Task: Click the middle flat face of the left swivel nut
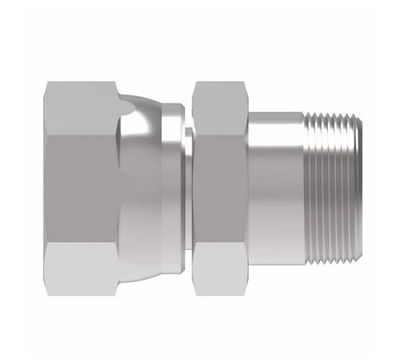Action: pyautogui.click(x=80, y=188)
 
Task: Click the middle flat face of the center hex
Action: pyautogui.click(x=221, y=188)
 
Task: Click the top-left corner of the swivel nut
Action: pyautogui.click(x=47, y=83)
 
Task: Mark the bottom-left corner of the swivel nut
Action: pyautogui.click(x=47, y=294)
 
